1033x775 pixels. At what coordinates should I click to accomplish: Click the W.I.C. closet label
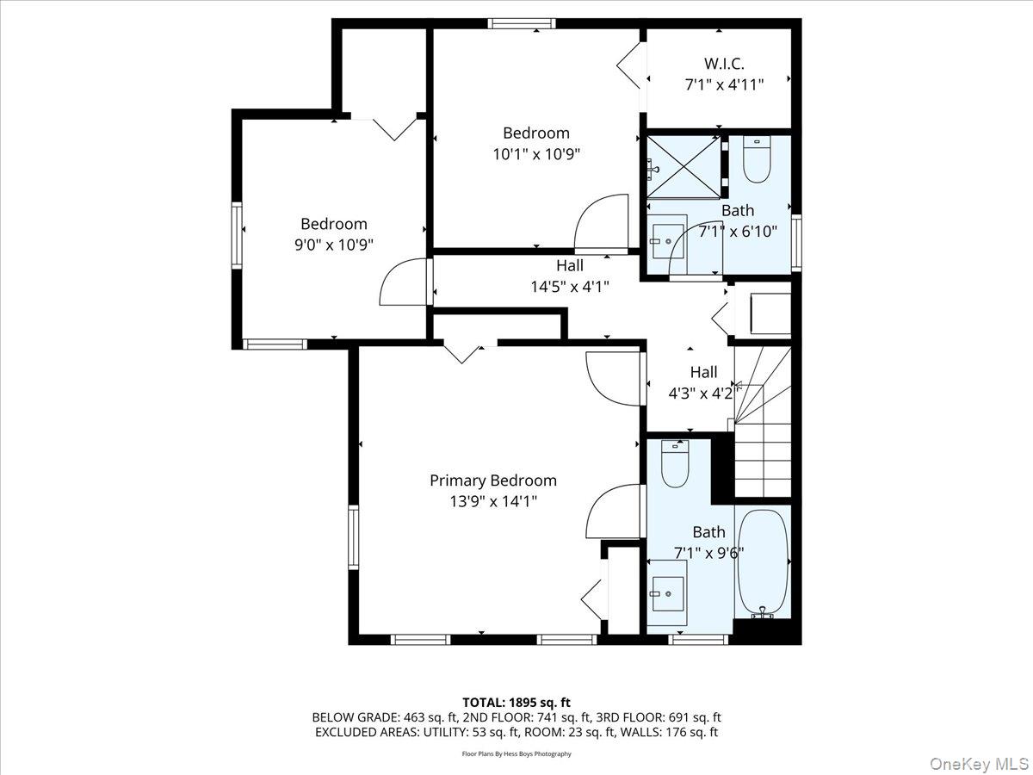724,63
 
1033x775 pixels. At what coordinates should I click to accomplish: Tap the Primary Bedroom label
493,480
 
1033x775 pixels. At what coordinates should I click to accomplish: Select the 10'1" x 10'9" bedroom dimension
536,154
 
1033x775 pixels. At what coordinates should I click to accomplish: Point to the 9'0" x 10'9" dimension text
333,245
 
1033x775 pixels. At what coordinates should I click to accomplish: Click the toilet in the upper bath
757,160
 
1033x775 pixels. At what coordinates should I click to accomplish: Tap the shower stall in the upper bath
683,166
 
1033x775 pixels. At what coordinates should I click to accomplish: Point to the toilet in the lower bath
674,464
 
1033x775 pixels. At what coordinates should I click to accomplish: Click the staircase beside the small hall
764,431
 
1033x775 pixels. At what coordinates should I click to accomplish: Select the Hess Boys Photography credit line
516,753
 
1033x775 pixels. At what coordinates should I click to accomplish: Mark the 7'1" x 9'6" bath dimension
708,553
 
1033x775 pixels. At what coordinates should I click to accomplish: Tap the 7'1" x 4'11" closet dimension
724,84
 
